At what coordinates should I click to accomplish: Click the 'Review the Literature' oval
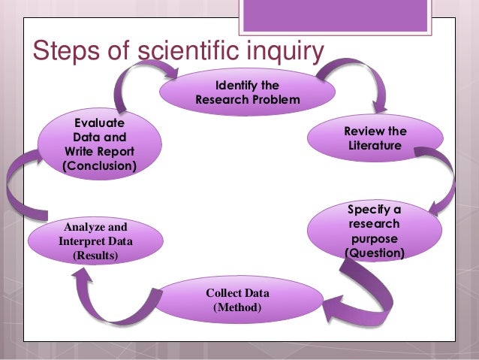(375, 138)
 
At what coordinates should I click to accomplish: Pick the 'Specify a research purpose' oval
(373, 231)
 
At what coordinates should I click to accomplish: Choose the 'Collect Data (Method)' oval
(236, 299)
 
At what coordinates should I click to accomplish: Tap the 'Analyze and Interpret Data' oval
(95, 241)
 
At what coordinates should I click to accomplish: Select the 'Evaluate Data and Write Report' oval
(100, 144)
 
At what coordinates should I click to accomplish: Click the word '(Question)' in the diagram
(374, 253)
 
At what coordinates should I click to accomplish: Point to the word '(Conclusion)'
(100, 165)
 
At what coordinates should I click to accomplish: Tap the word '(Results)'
(95, 256)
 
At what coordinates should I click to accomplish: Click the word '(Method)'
(236, 307)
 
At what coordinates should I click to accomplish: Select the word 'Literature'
(375, 145)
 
